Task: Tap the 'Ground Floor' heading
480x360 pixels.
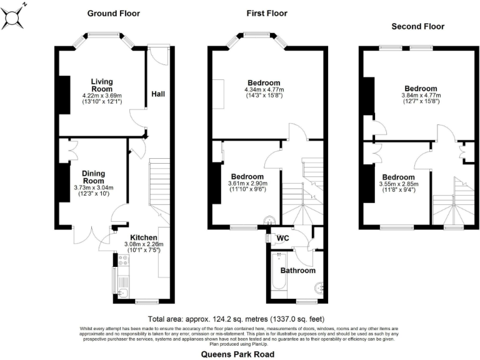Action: pyautogui.click(x=113, y=13)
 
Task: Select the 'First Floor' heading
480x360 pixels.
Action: pyautogui.click(x=267, y=13)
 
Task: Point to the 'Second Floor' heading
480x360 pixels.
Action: pyautogui.click(x=417, y=26)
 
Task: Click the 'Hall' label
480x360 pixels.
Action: pyautogui.click(x=158, y=94)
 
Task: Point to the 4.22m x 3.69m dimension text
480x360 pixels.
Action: pyautogui.click(x=102, y=96)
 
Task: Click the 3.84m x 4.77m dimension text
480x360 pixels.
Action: pyautogui.click(x=421, y=96)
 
